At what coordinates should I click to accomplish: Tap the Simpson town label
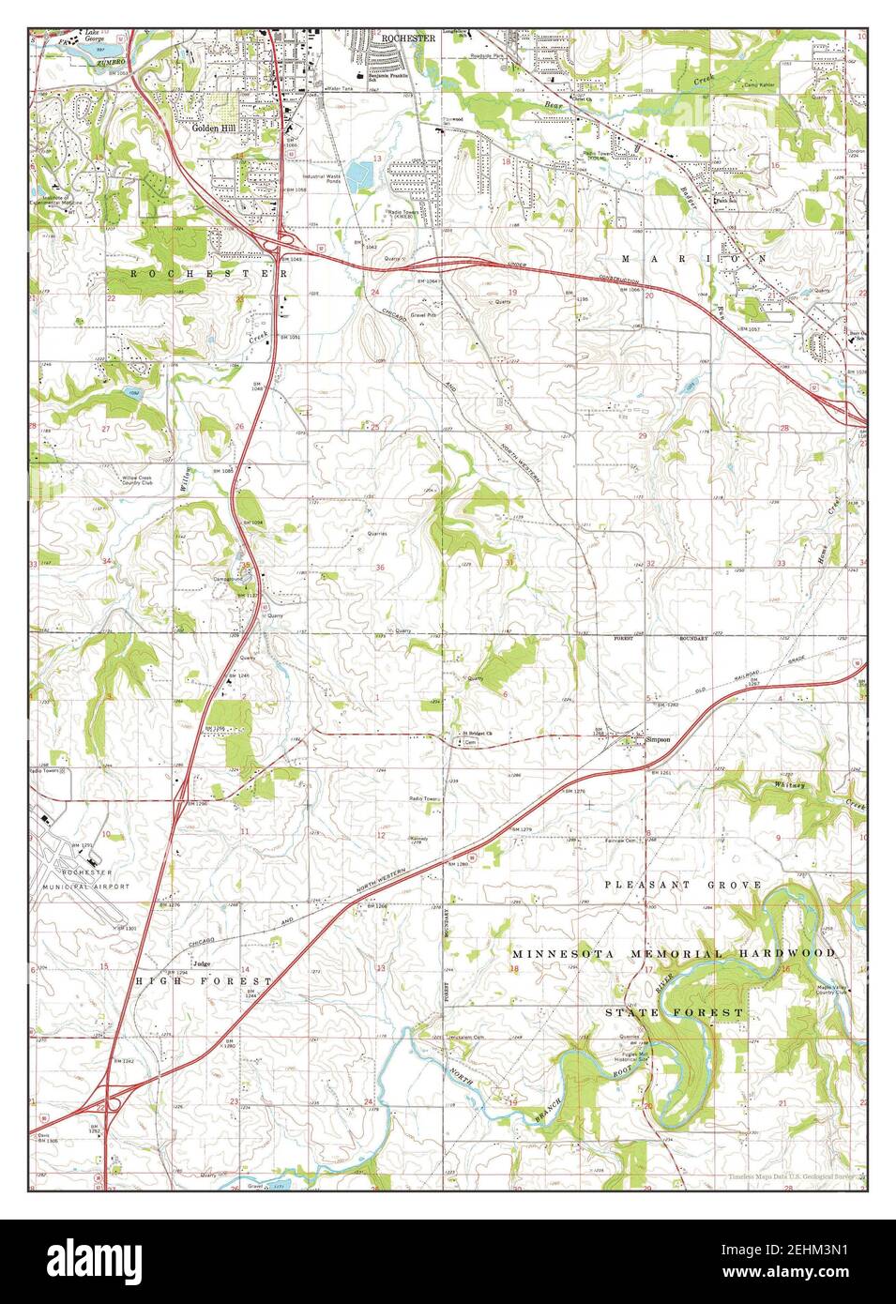(x=658, y=738)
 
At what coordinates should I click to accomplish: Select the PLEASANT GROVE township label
(x=683, y=885)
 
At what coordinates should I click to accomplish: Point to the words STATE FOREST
(x=675, y=1013)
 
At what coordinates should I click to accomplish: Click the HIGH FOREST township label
(x=204, y=980)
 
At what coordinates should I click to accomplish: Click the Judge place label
(x=199, y=963)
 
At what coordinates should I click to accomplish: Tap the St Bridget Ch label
(x=475, y=733)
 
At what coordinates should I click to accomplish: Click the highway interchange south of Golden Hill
(x=281, y=243)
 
